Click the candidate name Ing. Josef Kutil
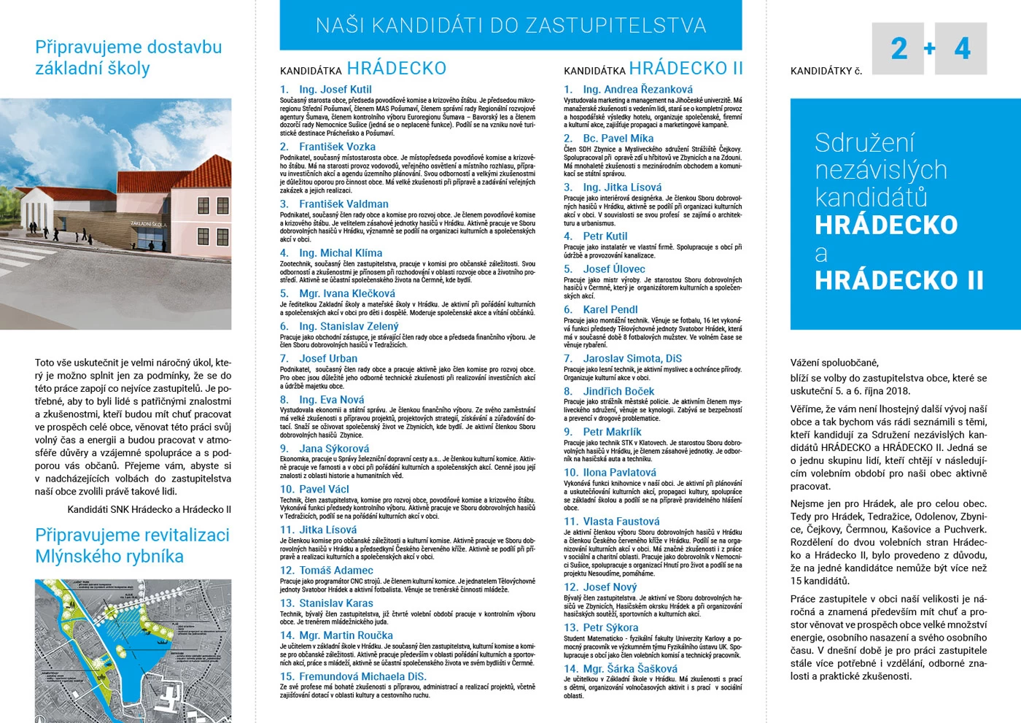click(335, 90)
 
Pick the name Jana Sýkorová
click(334, 449)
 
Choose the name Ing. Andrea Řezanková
click(637, 90)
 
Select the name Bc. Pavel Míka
click(618, 139)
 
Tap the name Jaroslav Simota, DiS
click(632, 358)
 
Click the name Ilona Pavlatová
click(619, 473)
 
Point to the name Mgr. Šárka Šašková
click(630, 668)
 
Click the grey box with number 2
click(898, 49)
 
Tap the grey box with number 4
click(961, 49)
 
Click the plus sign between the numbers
click(930, 49)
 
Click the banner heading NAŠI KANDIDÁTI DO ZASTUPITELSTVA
click(510, 26)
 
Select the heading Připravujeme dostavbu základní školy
click(128, 58)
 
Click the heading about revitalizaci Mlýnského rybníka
click(132, 546)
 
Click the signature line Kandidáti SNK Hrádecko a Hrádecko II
click(150, 509)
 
